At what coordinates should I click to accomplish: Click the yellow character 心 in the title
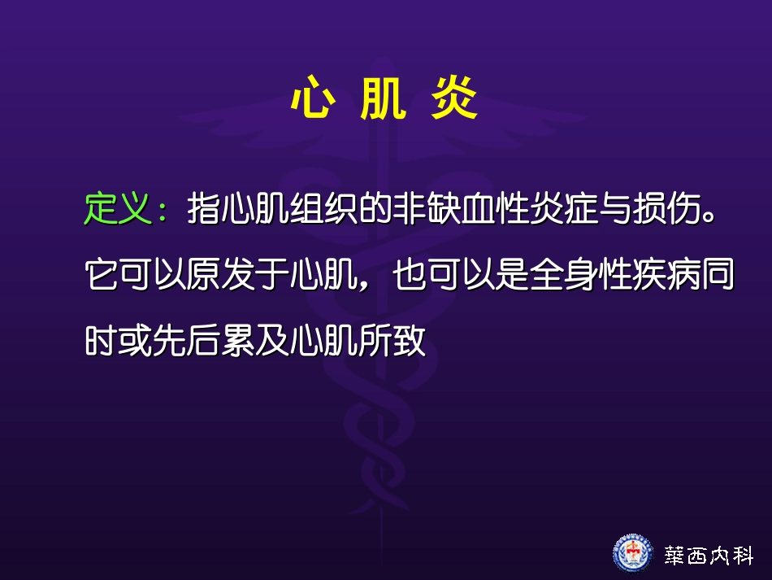click(310, 101)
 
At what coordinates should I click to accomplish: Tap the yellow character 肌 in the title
click(382, 101)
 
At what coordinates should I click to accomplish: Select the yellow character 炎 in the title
click(453, 101)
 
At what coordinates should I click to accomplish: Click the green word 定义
click(118, 209)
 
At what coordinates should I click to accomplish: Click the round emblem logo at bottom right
click(632, 553)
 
